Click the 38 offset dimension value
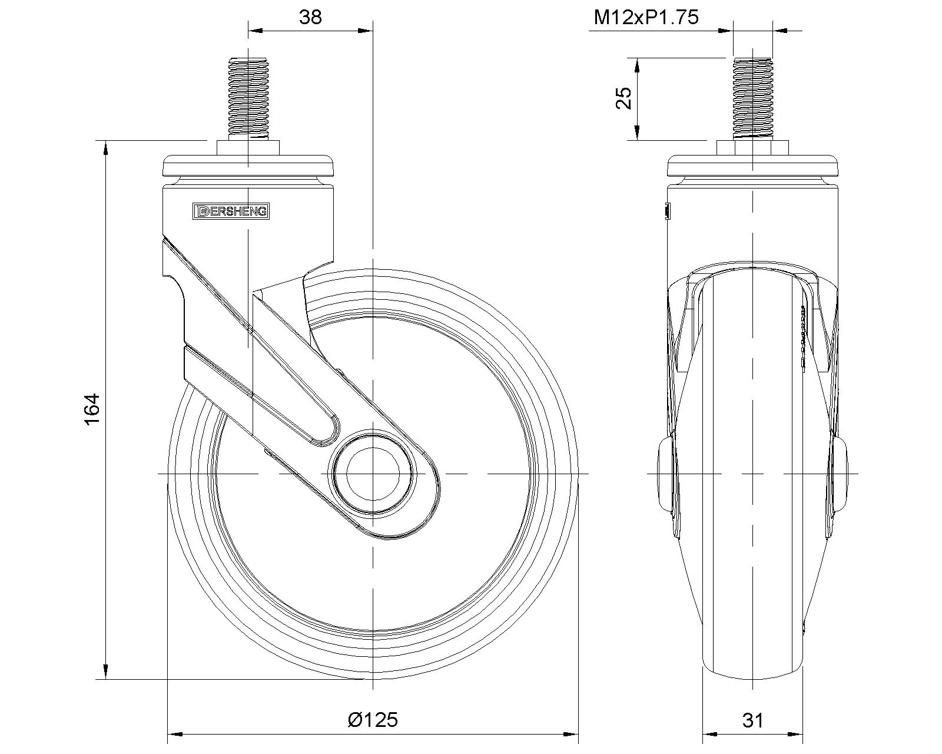(x=310, y=17)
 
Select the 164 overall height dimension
(x=92, y=409)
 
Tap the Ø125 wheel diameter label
(x=373, y=720)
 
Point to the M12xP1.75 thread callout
(x=646, y=18)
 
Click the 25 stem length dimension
(x=623, y=98)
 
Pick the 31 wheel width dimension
(x=753, y=720)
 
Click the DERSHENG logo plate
(x=231, y=211)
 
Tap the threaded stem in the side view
(x=248, y=98)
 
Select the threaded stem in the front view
(x=752, y=98)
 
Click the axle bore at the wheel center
(x=373, y=474)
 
